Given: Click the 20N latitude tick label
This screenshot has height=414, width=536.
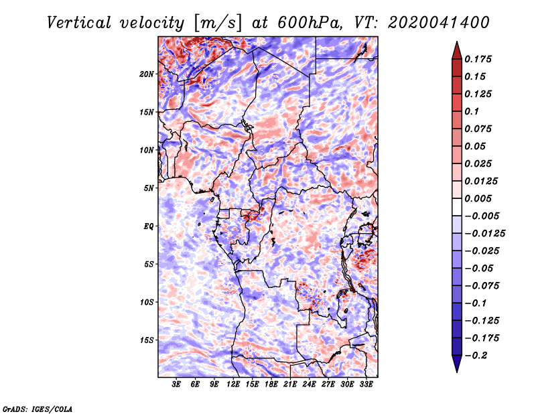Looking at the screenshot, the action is click(x=146, y=74).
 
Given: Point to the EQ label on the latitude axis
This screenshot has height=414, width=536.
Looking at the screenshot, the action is click(x=148, y=226).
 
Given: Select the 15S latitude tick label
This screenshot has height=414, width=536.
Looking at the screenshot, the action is click(x=147, y=340).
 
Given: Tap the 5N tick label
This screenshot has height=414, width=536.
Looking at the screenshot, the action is click(x=149, y=188).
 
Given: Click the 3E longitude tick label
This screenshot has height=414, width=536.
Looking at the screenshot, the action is click(x=176, y=385).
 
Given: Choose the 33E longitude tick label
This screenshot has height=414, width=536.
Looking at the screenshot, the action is click(x=366, y=385).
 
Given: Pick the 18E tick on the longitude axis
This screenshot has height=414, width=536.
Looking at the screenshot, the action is click(x=271, y=385).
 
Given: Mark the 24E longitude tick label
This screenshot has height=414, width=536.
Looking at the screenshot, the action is click(x=309, y=385).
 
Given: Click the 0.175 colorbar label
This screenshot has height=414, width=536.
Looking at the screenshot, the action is click(x=478, y=59).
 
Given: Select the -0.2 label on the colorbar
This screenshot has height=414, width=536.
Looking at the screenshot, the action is click(x=476, y=356).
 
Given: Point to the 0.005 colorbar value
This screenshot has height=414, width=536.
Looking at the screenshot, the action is click(x=478, y=198).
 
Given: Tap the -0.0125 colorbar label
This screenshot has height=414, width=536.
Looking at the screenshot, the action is click(x=484, y=234).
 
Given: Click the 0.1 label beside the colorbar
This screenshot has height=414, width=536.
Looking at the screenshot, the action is click(x=472, y=111).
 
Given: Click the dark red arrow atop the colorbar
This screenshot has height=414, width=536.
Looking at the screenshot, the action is click(x=457, y=50).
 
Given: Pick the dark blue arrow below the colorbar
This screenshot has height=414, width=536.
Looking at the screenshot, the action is click(x=457, y=364).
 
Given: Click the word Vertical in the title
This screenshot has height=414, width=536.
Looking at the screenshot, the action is click(x=79, y=23).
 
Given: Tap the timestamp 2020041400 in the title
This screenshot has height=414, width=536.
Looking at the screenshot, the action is click(x=439, y=23).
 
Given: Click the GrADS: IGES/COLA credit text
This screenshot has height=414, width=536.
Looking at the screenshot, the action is click(x=38, y=409).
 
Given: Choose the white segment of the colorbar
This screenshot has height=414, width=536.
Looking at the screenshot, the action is click(x=457, y=207).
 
